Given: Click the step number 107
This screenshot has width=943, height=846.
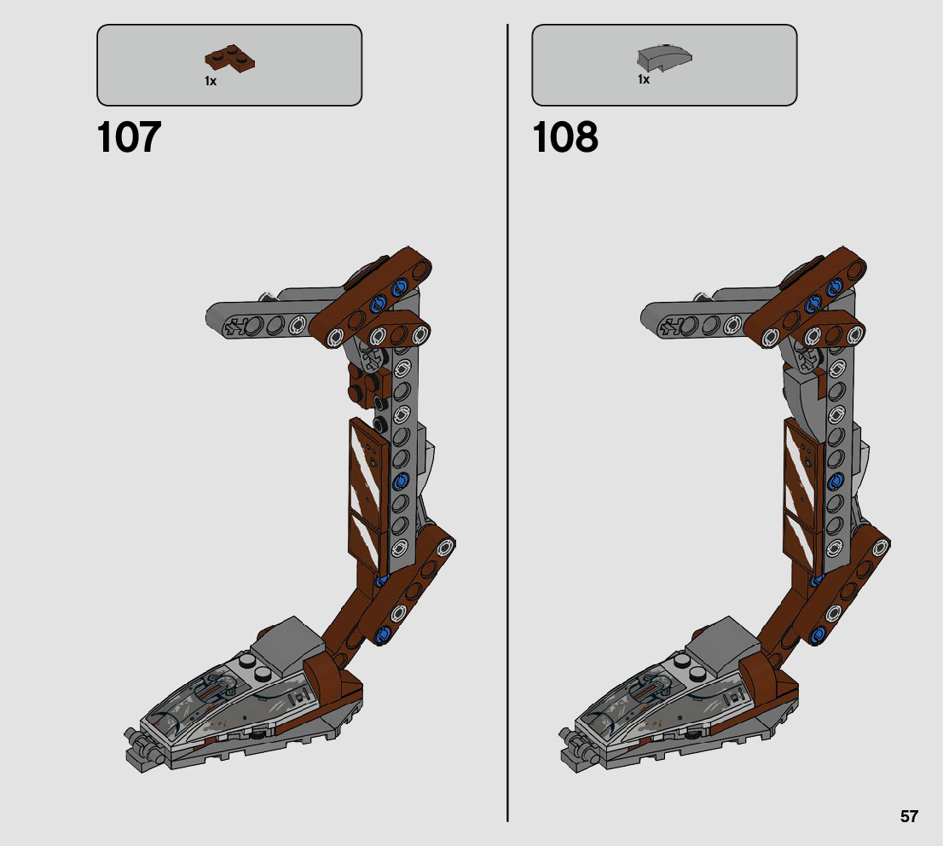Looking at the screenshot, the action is point(129,137).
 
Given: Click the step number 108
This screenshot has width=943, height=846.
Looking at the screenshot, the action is point(564,137).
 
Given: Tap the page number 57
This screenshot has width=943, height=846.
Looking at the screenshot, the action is point(909,816).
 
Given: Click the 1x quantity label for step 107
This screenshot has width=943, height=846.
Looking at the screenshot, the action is point(211,81).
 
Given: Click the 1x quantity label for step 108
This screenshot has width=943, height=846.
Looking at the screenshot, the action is point(644,79).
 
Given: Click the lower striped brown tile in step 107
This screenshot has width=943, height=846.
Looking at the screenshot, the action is point(367,542).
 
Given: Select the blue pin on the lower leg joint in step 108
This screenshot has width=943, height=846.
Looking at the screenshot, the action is point(819,632).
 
